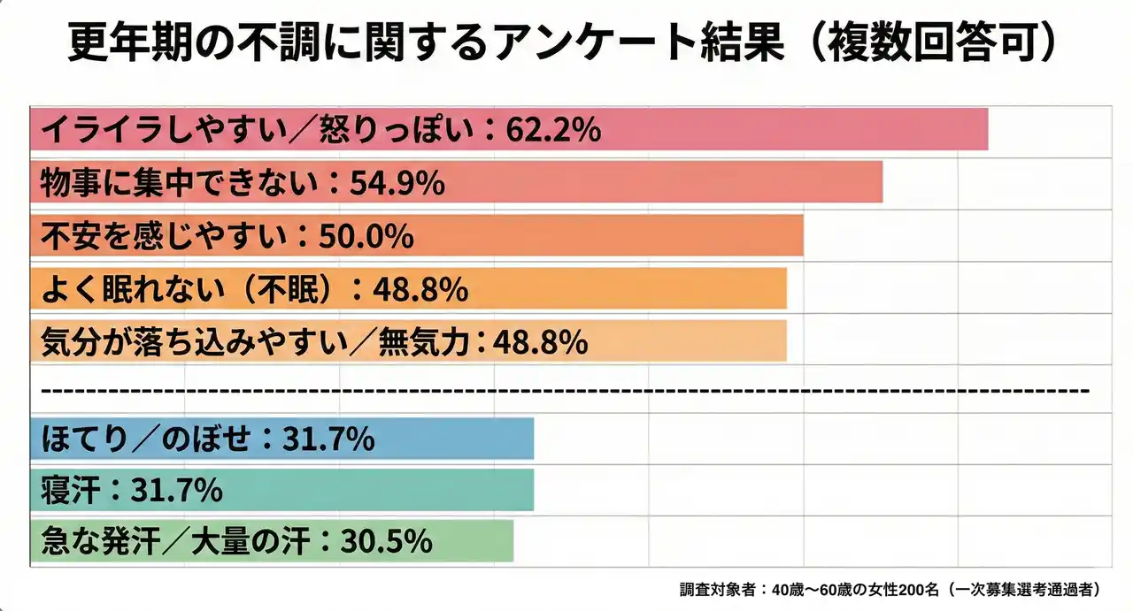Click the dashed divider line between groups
click(x=566, y=390)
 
